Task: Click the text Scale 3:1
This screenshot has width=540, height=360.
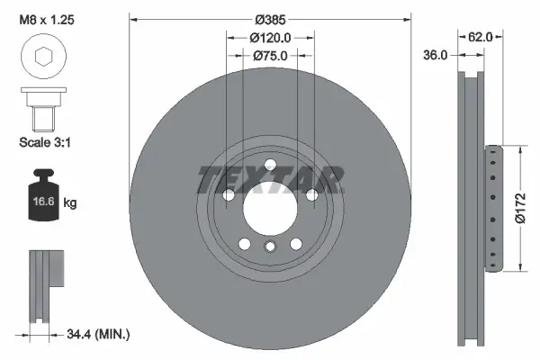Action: (x=45, y=141)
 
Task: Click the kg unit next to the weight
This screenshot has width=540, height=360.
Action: (x=70, y=204)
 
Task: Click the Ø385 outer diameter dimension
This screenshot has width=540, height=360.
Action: (x=269, y=19)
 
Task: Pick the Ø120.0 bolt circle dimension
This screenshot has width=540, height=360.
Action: (x=270, y=38)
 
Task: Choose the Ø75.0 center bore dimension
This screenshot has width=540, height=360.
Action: (x=270, y=55)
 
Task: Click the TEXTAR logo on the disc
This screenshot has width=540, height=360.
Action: (x=270, y=179)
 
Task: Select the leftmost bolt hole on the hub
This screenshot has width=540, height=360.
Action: (x=228, y=195)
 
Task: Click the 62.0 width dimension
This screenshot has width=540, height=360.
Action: (x=481, y=38)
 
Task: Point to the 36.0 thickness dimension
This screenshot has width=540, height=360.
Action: (x=436, y=55)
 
